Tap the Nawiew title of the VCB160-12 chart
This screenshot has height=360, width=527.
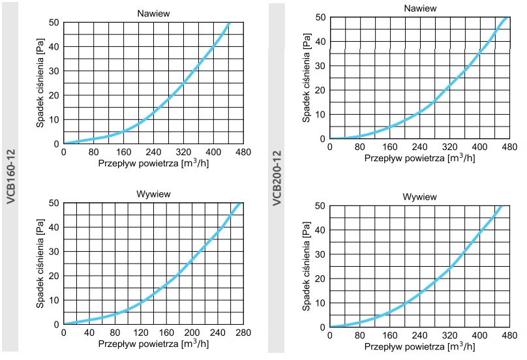pos(153,12)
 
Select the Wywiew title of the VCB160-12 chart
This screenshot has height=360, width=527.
pos(153,194)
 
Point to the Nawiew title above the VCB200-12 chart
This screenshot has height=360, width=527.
pos(419,8)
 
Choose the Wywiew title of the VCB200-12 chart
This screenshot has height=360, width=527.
pos(419,196)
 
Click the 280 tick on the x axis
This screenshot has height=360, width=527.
pos(243,333)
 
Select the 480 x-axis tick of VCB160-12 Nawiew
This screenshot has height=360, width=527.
pos(243,153)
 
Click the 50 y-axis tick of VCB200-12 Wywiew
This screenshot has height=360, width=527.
pos(320,205)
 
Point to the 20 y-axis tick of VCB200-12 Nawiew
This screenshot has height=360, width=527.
pos(320,91)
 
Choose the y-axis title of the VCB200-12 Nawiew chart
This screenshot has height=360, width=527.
pos(307,78)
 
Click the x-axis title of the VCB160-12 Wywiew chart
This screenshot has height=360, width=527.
pos(153,344)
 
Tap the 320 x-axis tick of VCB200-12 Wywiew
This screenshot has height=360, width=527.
pos(449,336)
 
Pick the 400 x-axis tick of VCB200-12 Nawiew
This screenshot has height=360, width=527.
pos(479,147)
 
